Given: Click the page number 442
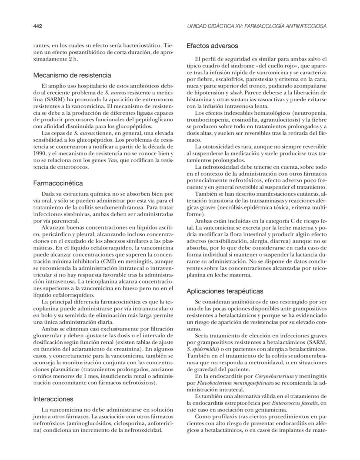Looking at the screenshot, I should (37, 26).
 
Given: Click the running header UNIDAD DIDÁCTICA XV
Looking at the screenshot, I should (257, 26).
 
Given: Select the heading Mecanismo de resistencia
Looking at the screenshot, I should (72, 75).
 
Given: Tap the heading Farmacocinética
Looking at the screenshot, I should (58, 183).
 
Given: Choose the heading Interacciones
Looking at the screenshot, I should (53, 399).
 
